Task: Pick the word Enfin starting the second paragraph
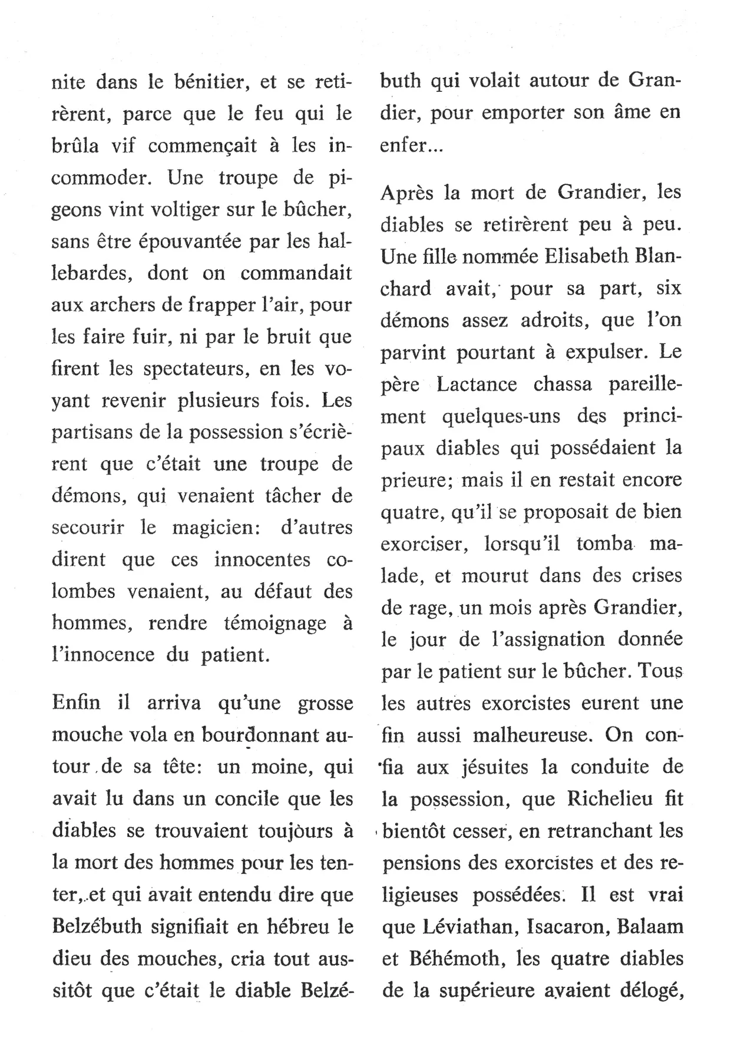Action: pos(76,702)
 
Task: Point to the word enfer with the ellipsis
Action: pos(412,145)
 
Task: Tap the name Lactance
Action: pos(477,384)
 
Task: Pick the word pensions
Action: pos(420,863)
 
